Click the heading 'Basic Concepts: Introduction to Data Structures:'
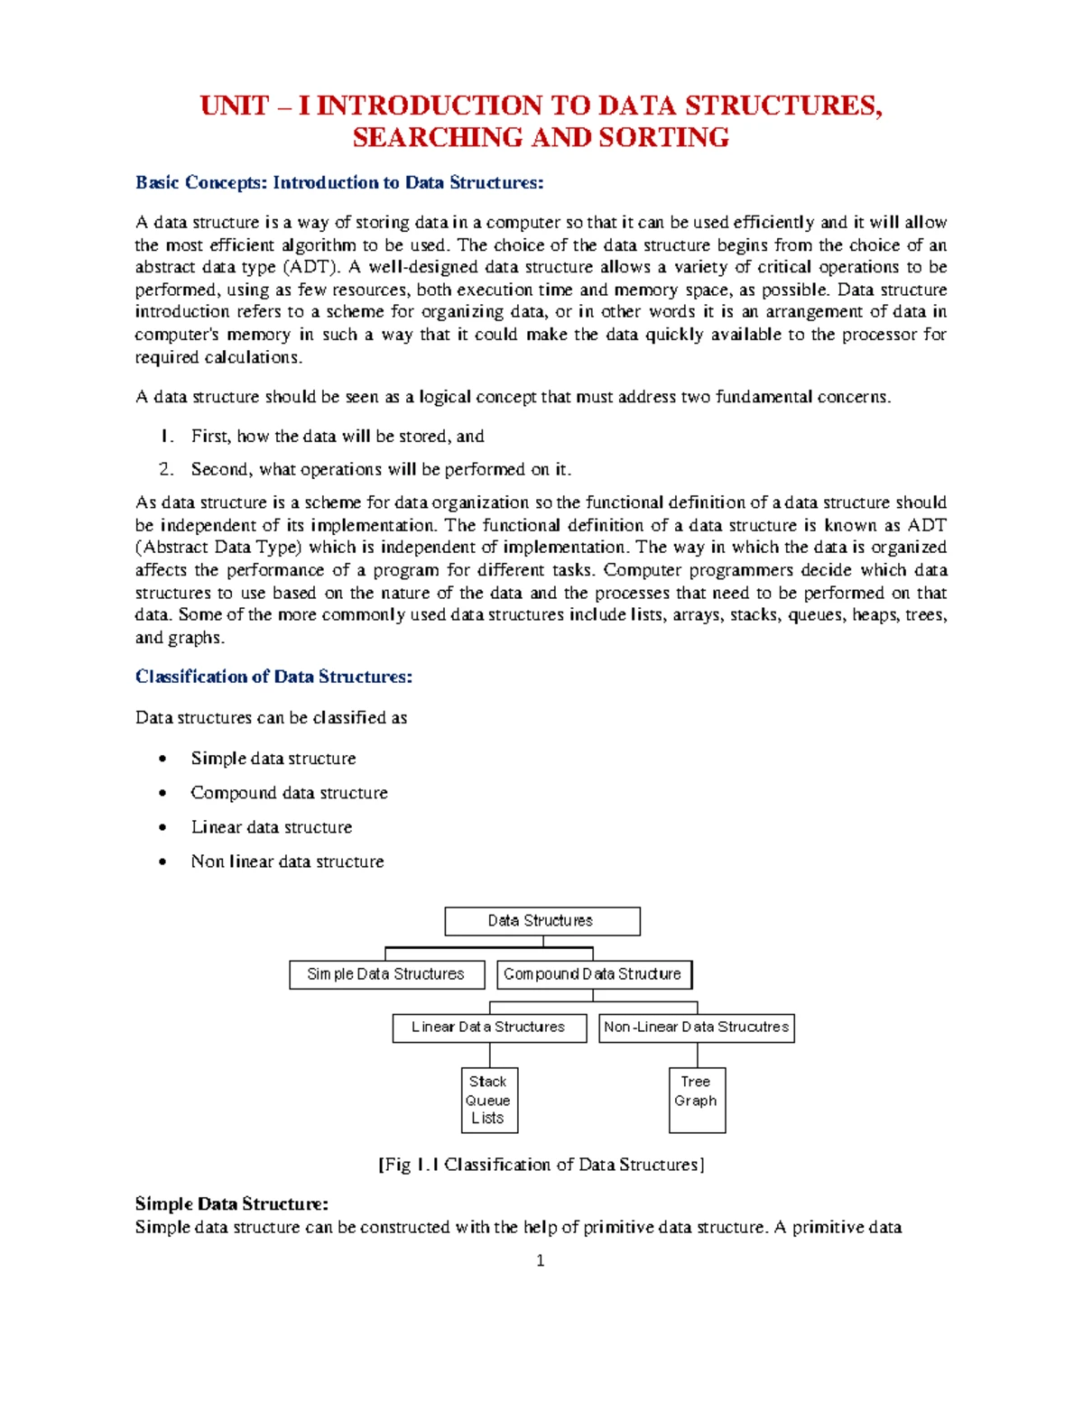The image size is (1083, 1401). click(x=339, y=183)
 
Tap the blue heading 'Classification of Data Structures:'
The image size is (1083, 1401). click(x=273, y=677)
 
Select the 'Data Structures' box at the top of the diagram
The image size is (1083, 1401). click(x=541, y=921)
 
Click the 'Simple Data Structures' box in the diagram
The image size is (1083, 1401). click(x=386, y=974)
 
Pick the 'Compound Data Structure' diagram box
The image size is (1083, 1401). click(x=593, y=974)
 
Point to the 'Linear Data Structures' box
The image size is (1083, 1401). click(x=488, y=1028)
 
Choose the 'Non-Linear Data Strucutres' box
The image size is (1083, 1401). click(x=696, y=1028)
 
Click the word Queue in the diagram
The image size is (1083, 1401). click(x=488, y=1101)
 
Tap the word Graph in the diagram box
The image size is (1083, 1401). click(x=696, y=1101)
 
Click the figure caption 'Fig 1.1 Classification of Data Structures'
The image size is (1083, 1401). click(x=541, y=1165)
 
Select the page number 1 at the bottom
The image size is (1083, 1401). click(x=541, y=1261)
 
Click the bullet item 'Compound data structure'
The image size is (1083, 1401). click(x=289, y=793)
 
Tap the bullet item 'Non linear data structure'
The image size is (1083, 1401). click(x=287, y=862)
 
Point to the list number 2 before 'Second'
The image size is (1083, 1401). click(x=165, y=469)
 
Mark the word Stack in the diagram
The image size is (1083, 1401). click(x=488, y=1082)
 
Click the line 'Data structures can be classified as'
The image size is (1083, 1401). click(x=271, y=718)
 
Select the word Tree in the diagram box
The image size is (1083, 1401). click(x=696, y=1082)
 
